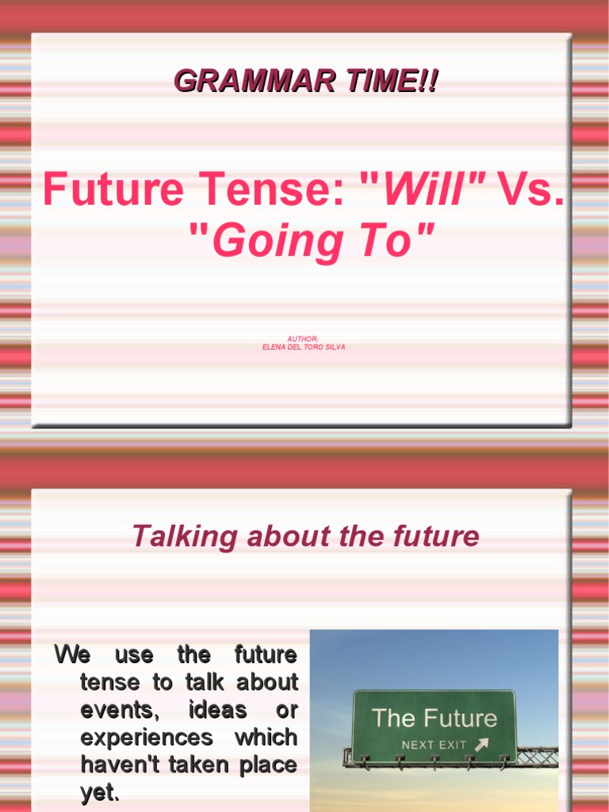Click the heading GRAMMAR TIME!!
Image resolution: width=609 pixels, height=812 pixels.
click(305, 81)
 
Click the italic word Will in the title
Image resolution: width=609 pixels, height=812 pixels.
click(427, 190)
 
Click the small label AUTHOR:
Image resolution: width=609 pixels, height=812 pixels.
click(304, 339)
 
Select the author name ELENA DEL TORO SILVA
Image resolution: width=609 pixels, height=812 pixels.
click(304, 347)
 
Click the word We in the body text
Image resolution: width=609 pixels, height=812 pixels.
click(72, 655)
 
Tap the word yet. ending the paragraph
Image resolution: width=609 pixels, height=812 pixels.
click(100, 792)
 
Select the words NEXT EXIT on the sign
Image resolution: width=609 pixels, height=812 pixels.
click(434, 745)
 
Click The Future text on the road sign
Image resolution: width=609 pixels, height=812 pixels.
click(434, 718)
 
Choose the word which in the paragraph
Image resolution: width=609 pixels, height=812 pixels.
click(266, 737)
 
